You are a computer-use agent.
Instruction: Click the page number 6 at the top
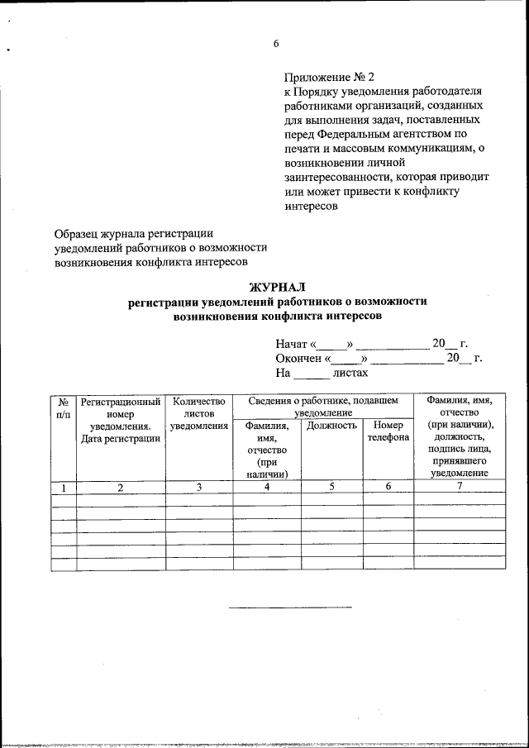277,45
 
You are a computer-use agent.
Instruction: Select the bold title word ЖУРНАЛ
277,288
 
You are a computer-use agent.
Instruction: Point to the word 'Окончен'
300,359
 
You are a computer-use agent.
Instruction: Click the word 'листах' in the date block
350,373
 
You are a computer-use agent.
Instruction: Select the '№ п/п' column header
63,407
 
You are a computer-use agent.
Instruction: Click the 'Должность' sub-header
331,426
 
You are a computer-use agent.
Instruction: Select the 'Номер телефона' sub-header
388,431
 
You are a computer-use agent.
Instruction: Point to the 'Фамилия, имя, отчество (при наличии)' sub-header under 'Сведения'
266,450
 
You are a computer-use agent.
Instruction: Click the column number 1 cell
63,487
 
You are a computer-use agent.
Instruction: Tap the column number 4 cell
266,487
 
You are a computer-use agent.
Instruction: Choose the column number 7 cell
460,487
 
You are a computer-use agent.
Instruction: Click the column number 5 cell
331,487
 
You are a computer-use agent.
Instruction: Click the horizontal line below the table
289,607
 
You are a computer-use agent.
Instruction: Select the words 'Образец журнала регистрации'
134,234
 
